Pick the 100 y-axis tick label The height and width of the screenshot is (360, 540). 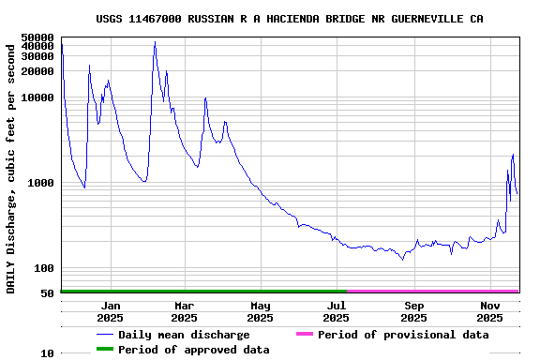click(x=43, y=269)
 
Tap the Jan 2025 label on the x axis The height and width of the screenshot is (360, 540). click(x=111, y=311)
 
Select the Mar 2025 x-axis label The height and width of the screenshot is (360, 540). click(x=185, y=311)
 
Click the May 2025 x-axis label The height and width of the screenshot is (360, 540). click(x=260, y=311)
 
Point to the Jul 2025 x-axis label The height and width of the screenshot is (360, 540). click(x=336, y=311)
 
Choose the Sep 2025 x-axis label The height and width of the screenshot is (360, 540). click(x=413, y=311)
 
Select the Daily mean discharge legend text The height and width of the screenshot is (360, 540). click(x=184, y=335)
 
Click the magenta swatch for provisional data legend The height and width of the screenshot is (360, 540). click(x=304, y=335)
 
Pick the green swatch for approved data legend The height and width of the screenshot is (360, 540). click(x=104, y=350)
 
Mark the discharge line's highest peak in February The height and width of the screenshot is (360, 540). click(x=155, y=42)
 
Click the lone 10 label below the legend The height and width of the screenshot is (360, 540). click(x=47, y=354)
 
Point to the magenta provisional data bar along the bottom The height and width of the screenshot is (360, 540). click(x=431, y=292)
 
